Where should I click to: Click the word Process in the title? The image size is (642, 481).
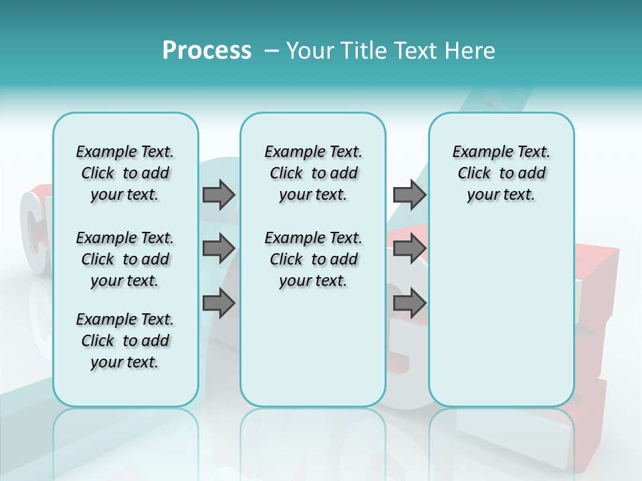(x=207, y=50)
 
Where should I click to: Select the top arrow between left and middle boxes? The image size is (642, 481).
(x=219, y=194)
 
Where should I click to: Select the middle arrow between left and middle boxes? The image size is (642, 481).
(x=219, y=249)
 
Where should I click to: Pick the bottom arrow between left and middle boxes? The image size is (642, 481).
(x=219, y=303)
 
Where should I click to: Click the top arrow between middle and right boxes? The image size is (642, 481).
(x=409, y=194)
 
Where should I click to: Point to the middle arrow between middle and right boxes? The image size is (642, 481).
(x=409, y=249)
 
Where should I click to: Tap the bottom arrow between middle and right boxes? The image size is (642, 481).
(x=409, y=303)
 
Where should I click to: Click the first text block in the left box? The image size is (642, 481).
(x=124, y=173)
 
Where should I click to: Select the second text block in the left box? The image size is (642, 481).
(x=124, y=259)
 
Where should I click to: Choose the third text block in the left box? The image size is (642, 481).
(x=124, y=341)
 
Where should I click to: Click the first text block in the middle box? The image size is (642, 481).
(x=313, y=173)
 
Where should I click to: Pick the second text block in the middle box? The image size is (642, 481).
(x=313, y=259)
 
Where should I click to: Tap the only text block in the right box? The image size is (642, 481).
(x=501, y=173)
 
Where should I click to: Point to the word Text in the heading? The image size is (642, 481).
(x=412, y=51)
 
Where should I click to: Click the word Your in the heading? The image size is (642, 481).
(x=306, y=51)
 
